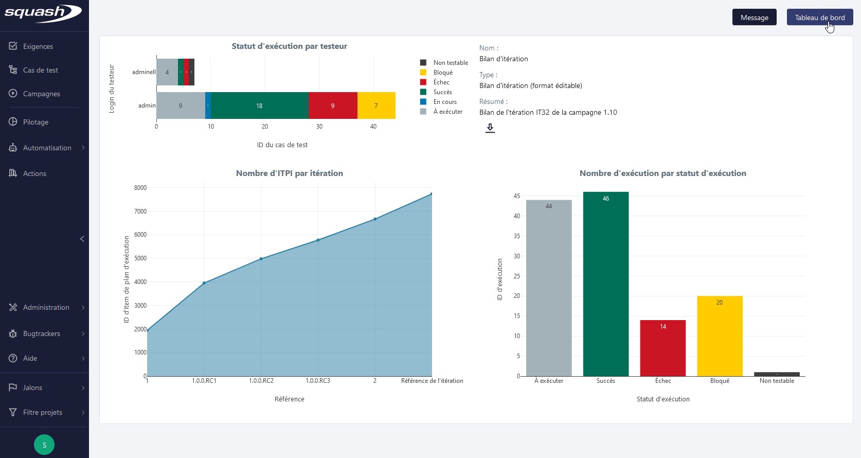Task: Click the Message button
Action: [754, 17]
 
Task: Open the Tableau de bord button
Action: [819, 17]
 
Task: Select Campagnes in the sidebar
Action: [41, 94]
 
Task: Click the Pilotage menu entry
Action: [35, 122]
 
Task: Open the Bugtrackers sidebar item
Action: [41, 333]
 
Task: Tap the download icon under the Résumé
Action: [490, 128]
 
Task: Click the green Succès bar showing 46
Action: [605, 283]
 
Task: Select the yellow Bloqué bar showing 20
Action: [720, 336]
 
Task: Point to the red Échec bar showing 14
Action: [662, 348]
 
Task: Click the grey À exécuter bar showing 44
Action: [548, 288]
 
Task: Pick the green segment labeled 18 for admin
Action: [259, 105]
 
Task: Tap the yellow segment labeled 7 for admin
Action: [376, 105]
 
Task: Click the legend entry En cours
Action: [444, 102]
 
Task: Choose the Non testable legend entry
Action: [450, 63]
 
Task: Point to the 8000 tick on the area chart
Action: [140, 188]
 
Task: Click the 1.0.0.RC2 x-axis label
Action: [261, 381]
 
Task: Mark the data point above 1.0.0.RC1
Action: [204, 283]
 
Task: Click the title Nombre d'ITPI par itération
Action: [289, 173]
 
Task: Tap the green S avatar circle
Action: [44, 445]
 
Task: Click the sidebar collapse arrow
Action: [82, 239]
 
